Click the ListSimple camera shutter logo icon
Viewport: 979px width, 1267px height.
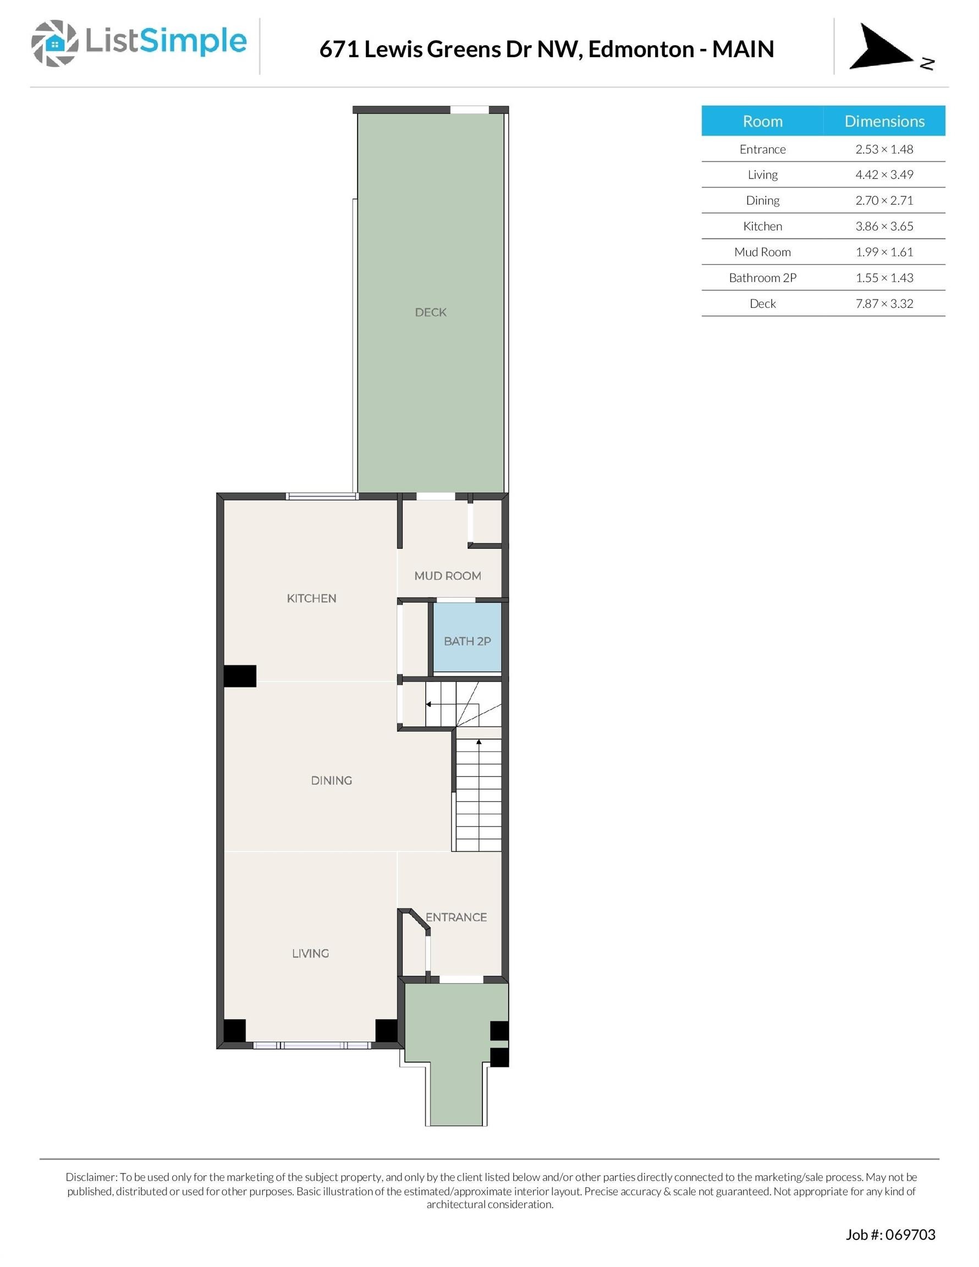point(54,43)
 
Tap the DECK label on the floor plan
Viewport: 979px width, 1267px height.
point(431,312)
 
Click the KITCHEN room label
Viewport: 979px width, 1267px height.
point(312,598)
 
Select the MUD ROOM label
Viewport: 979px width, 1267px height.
point(448,576)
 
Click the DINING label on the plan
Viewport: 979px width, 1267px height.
point(331,780)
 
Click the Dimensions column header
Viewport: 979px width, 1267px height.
point(884,120)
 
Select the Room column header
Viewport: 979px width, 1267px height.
point(762,120)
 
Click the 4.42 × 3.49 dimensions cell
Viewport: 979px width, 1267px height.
point(884,175)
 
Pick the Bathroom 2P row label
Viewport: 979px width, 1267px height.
point(762,278)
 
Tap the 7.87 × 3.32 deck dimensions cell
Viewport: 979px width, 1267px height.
point(884,304)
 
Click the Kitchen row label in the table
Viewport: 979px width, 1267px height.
point(762,226)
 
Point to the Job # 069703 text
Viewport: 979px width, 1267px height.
point(890,1235)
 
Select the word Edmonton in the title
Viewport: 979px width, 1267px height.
point(641,49)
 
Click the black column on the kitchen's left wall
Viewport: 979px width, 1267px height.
point(240,676)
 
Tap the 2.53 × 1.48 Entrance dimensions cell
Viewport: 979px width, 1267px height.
point(884,149)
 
